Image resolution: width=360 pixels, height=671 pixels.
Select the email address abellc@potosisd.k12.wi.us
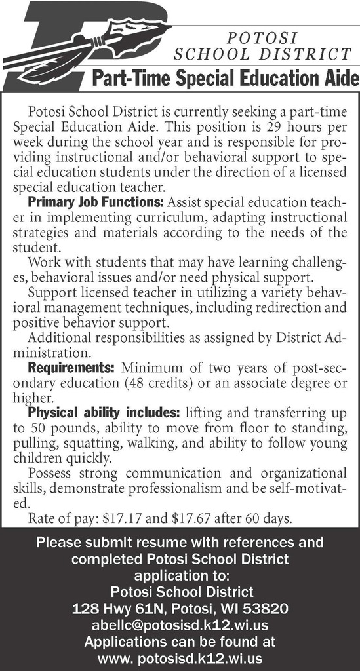pyautogui.click(x=180, y=625)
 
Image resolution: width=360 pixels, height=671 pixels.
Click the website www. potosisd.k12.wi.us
pyautogui.click(x=180, y=657)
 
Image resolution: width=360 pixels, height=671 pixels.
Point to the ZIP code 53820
pyautogui.click(x=268, y=609)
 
